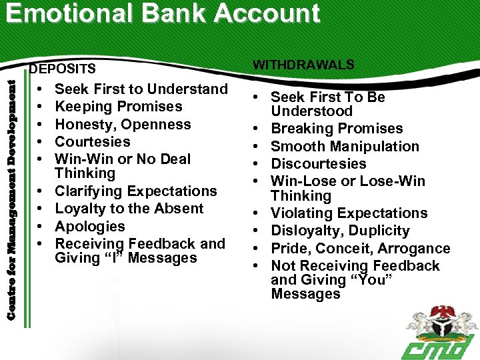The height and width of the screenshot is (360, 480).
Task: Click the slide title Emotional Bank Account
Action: pyautogui.click(x=164, y=14)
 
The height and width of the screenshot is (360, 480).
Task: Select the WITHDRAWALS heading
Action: pyautogui.click(x=303, y=65)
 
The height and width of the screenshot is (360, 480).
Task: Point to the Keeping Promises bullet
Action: pyautogui.click(x=118, y=107)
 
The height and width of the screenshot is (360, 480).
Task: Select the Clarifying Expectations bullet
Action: pyautogui.click(x=135, y=191)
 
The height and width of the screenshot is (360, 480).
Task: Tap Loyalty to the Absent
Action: pyautogui.click(x=129, y=209)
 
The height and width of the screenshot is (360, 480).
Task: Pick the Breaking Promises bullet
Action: pyautogui.click(x=337, y=129)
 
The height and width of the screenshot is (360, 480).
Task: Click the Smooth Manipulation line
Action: pyautogui.click(x=345, y=147)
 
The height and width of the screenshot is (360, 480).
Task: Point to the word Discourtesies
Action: pyautogui.click(x=318, y=164)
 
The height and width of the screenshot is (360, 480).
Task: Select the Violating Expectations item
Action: pyautogui.click(x=349, y=213)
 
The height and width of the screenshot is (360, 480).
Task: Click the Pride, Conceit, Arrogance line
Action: pyautogui.click(x=360, y=249)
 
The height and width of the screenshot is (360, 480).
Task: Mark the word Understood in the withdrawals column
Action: pyautogui.click(x=311, y=111)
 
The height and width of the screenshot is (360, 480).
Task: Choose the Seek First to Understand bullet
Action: pyautogui.click(x=141, y=89)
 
